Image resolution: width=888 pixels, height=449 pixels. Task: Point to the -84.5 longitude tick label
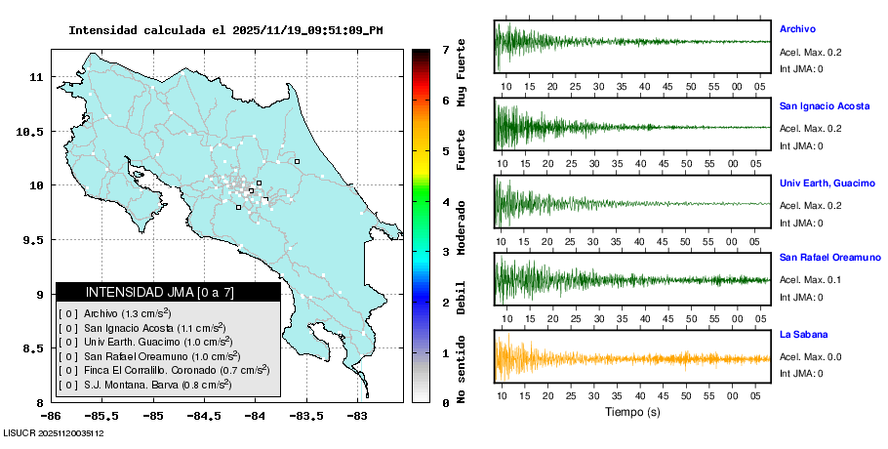pyautogui.click(x=204, y=416)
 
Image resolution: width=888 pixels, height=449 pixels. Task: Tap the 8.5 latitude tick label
pyautogui.click(x=33, y=348)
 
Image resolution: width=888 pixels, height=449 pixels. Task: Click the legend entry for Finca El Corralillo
pyautogui.click(x=164, y=371)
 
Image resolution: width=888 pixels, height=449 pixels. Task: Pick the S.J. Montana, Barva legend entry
pyautogui.click(x=145, y=385)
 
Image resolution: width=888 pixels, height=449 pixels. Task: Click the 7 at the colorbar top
pyautogui.click(x=445, y=49)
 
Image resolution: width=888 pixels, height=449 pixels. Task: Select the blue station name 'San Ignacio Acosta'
pyautogui.click(x=824, y=105)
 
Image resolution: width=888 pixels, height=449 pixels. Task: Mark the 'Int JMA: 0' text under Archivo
pyautogui.click(x=801, y=69)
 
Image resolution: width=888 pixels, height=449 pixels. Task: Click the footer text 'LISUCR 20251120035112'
pyautogui.click(x=54, y=432)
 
